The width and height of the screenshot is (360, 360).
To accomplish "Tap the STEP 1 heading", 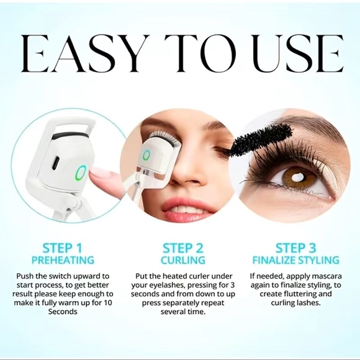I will point(62,248).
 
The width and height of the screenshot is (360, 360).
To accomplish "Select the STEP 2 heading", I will point(182,248).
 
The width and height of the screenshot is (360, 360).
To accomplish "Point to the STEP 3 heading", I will point(295,248).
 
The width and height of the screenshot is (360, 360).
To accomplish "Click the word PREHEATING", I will point(63,260).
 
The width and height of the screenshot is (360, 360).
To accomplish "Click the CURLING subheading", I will point(182,260).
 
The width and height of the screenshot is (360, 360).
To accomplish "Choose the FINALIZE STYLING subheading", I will point(295,260).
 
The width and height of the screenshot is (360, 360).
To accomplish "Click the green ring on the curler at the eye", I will point(146,156).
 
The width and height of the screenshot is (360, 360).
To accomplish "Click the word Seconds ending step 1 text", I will point(63,312).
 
